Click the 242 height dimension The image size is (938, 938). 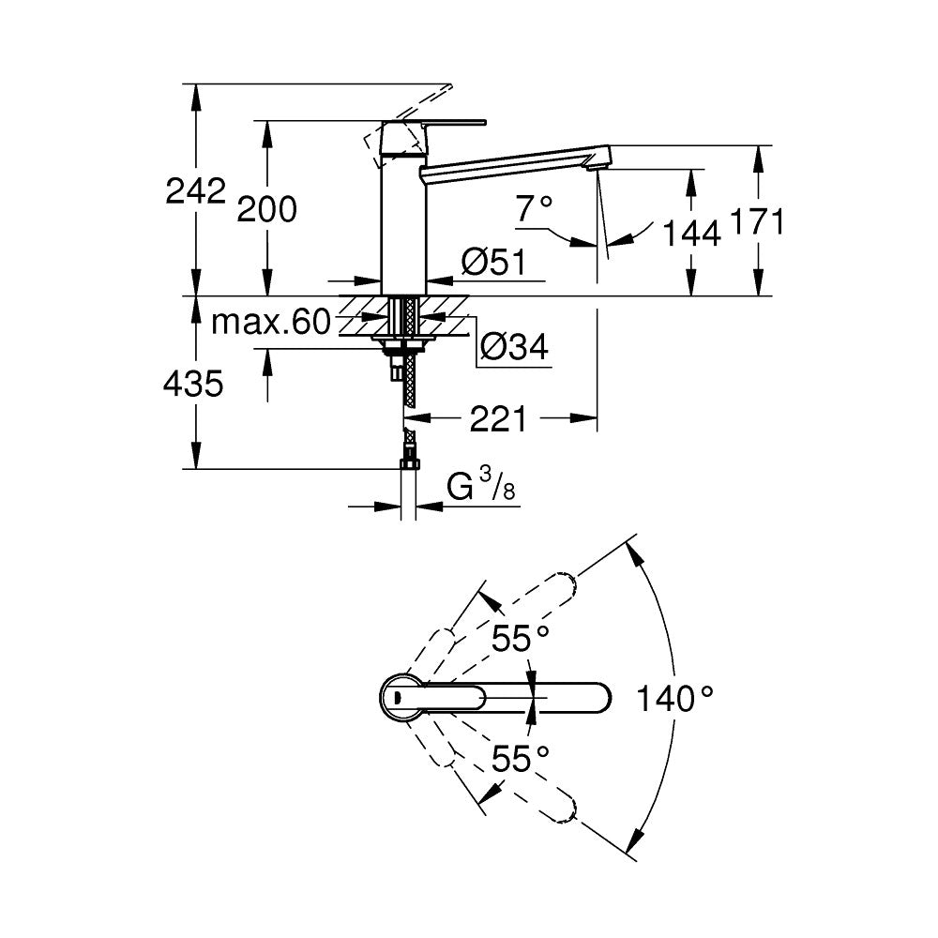(195, 191)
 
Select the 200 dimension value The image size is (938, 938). (265, 210)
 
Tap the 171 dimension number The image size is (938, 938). (756, 222)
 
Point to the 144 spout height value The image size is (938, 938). (691, 233)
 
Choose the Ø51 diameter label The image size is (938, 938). (492, 264)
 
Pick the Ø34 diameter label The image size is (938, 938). (514, 349)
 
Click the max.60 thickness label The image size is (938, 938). (270, 324)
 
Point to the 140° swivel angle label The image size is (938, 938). (674, 698)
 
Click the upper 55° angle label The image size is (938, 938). (521, 639)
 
